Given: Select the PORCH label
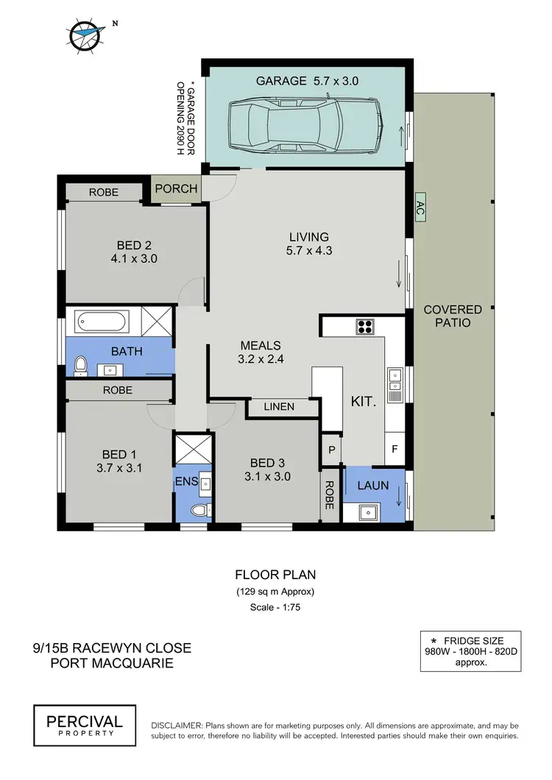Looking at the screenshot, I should click(177, 188).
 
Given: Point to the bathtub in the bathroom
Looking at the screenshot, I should click(102, 322).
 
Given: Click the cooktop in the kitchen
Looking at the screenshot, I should click(364, 325).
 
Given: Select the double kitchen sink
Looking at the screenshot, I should click(394, 378).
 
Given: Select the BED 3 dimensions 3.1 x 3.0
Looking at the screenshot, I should click(270, 476).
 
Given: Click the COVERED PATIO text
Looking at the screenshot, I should click(453, 316).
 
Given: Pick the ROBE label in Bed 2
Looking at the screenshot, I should click(104, 193).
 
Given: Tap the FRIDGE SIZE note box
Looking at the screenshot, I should click(471, 650).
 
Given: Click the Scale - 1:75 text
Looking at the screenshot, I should click(275, 607).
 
